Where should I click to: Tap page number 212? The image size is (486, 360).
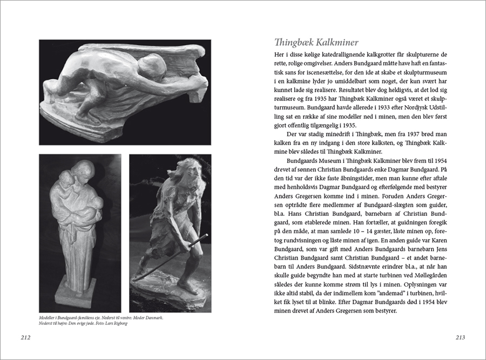click(x=24, y=338)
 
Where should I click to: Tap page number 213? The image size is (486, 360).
click(x=460, y=338)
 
